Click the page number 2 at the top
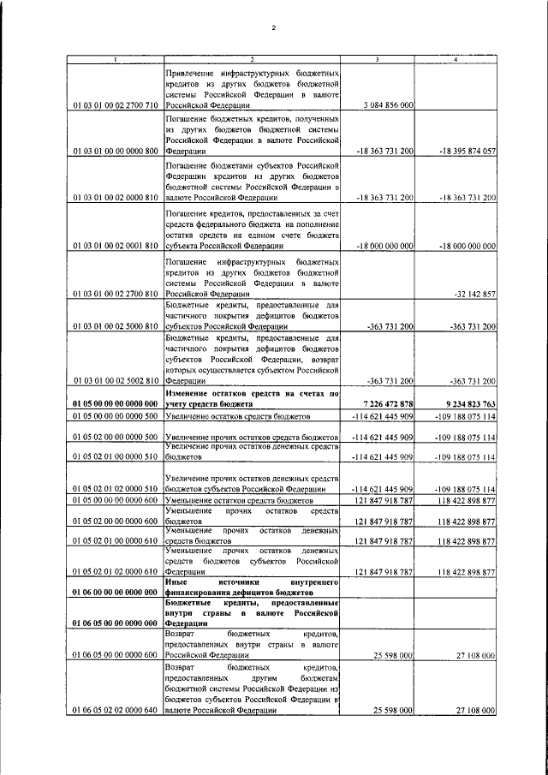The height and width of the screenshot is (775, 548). pos(273,28)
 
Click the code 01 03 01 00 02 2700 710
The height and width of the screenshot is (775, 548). pos(116,105)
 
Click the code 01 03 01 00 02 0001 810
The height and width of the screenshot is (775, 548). pos(116,245)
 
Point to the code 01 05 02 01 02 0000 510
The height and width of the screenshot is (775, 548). pos(116,488)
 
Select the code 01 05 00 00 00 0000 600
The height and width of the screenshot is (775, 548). pos(116,499)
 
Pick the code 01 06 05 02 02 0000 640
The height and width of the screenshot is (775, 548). pos(116,711)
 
